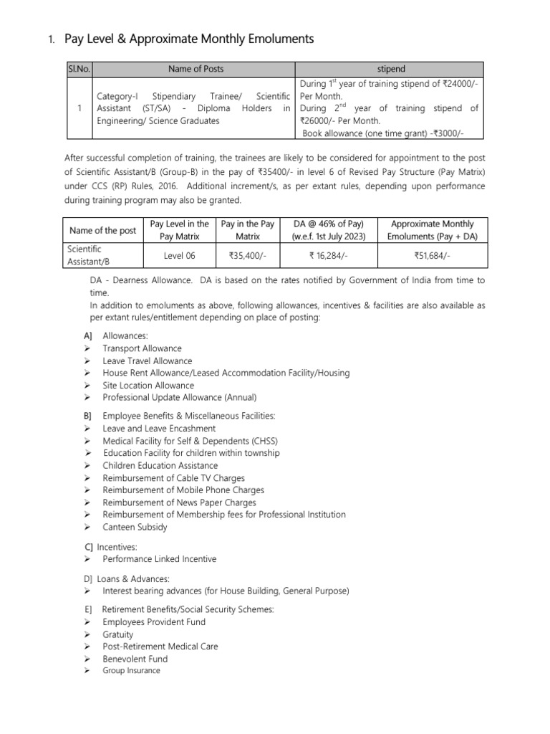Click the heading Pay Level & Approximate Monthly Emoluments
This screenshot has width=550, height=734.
coord(189,39)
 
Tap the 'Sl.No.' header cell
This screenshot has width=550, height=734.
coord(78,69)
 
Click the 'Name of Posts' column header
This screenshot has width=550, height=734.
coord(196,69)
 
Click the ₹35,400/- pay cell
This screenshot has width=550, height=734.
coord(248,254)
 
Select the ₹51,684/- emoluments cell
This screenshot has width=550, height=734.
coord(432,254)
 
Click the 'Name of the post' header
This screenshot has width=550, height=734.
coord(102,230)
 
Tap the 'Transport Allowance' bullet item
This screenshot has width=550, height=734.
coord(142,348)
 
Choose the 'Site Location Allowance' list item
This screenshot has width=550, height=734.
coord(148,385)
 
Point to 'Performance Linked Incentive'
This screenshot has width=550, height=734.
coord(159,559)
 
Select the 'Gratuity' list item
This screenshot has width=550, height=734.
coord(118,634)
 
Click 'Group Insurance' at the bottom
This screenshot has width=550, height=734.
coord(131,671)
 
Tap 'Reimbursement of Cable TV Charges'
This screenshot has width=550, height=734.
coord(173,478)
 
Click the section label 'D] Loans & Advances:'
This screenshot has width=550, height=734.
coord(127,578)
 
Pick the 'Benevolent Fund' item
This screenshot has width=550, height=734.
coord(135,659)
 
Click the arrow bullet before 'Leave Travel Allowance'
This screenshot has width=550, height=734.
coord(87,361)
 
